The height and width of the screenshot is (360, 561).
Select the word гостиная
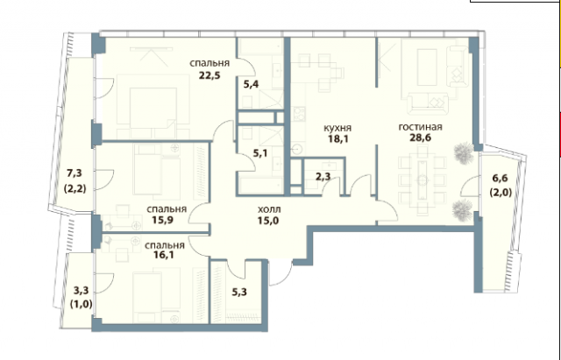click(419, 127)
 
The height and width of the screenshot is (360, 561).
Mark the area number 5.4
click(251, 85)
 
